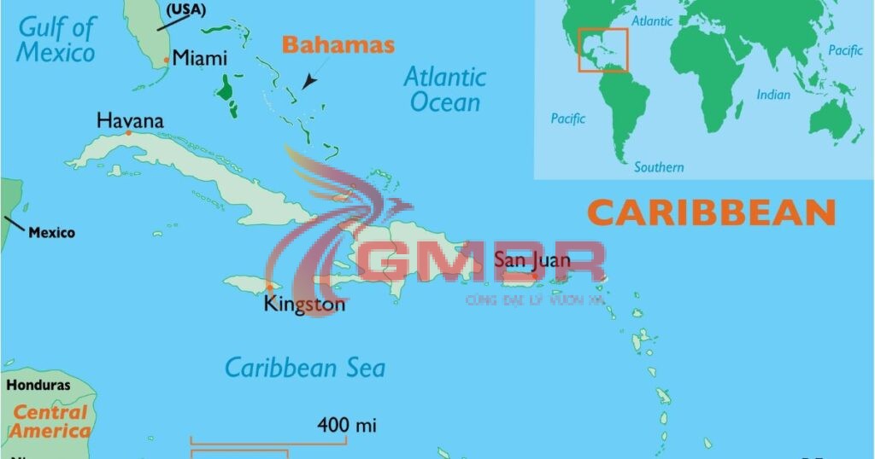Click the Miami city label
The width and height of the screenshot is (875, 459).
[x=200, y=58]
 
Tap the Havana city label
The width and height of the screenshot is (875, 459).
[x=130, y=120]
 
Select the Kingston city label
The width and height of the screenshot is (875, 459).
[x=305, y=304]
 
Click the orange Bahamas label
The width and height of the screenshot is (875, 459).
[x=338, y=45]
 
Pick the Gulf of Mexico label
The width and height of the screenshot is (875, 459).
[x=56, y=39]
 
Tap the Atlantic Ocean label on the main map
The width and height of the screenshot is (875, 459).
[x=444, y=90]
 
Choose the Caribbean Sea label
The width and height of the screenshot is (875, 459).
[x=304, y=368]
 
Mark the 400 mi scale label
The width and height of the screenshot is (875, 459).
[x=347, y=424]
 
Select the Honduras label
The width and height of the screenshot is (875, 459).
[x=38, y=385]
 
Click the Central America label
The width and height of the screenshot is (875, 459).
[x=50, y=421]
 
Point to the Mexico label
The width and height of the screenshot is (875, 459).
[x=51, y=232]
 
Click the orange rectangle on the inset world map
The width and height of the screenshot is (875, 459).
[x=602, y=49]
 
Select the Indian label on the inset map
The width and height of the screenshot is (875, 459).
[x=773, y=95]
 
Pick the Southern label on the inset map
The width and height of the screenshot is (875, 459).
[x=659, y=167]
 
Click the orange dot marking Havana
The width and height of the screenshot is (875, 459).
[x=128, y=133]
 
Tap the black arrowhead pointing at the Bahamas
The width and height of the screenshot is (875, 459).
[x=307, y=82]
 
